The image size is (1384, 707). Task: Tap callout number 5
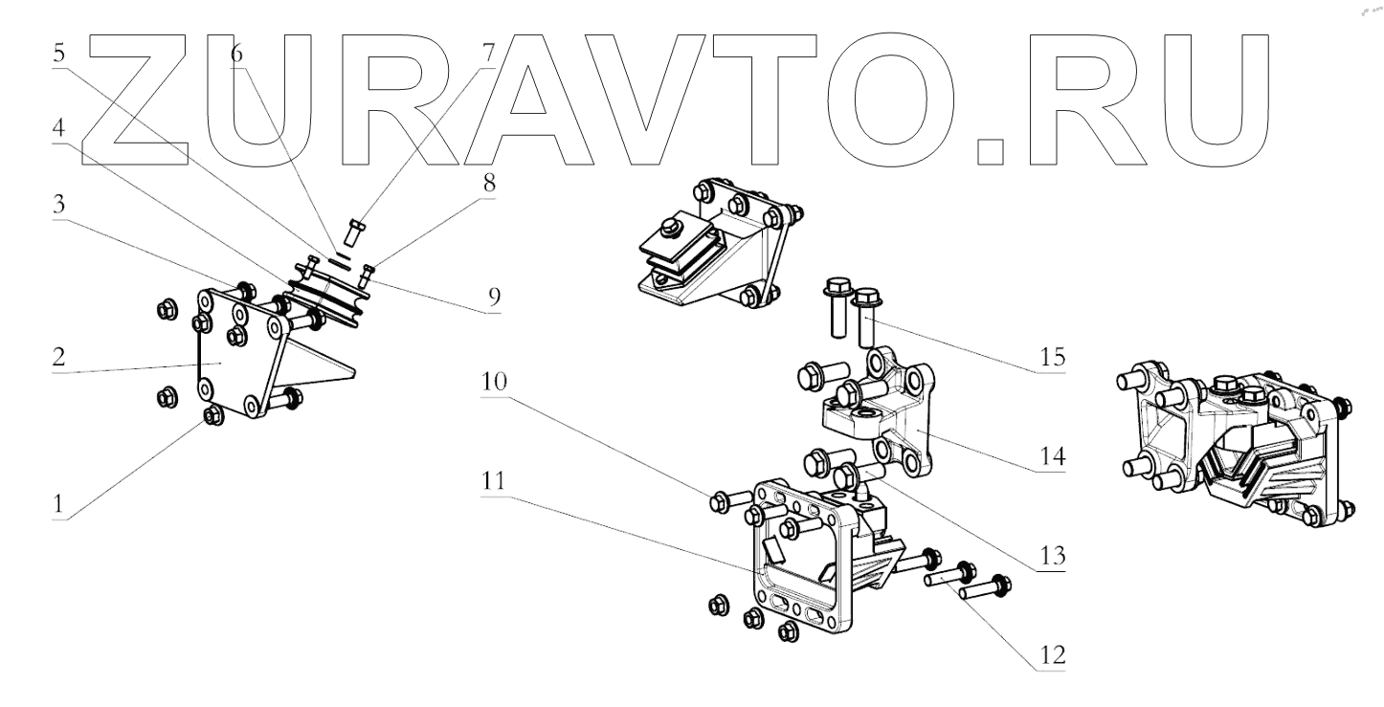(60, 55)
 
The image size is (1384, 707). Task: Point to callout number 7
(488, 55)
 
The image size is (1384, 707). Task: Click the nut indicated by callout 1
(212, 416)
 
